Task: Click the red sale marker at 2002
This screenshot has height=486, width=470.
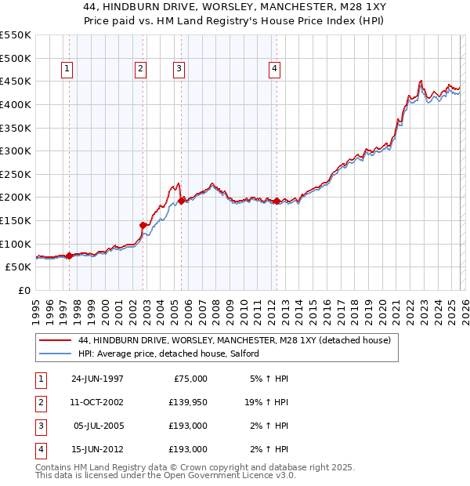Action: [143, 225]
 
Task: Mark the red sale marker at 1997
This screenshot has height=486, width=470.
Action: [69, 256]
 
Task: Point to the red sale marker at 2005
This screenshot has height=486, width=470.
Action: [181, 201]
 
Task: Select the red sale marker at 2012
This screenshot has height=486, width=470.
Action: [277, 201]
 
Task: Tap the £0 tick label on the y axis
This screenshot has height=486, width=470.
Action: [23, 290]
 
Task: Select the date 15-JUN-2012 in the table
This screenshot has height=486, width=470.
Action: [97, 450]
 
